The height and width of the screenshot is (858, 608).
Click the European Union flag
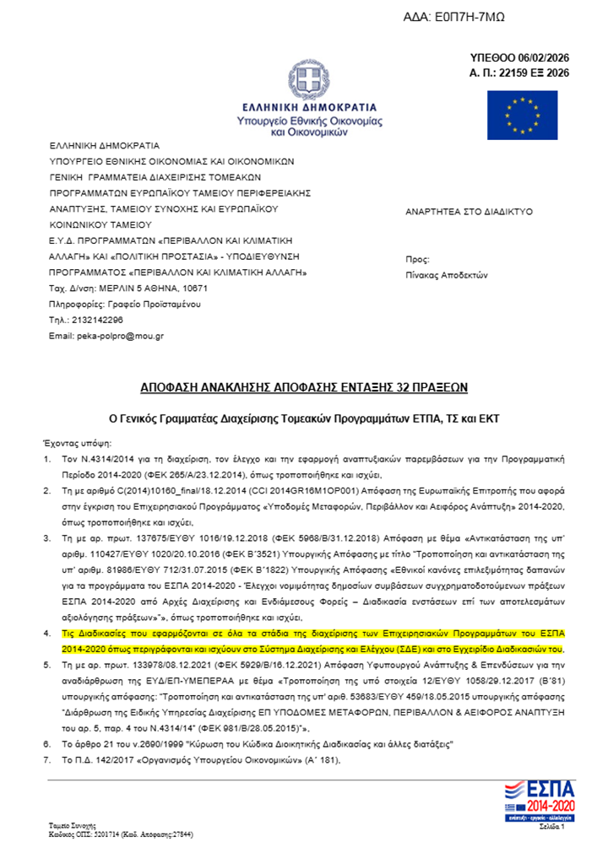522,114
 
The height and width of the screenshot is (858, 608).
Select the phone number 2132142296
98,320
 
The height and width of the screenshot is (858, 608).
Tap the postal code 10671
192,289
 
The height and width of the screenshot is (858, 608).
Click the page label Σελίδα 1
551,828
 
